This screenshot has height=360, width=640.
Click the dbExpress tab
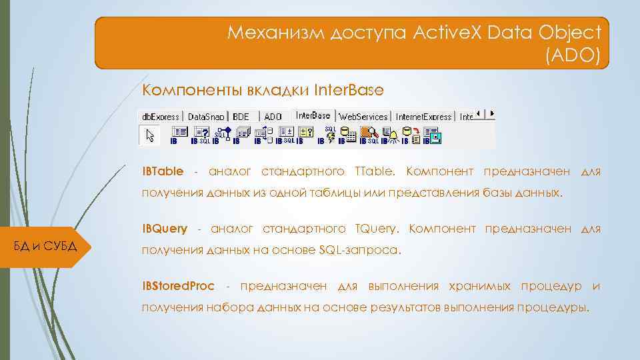tap(159, 116)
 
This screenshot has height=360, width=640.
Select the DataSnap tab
tap(206, 116)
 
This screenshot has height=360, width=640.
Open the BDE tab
tap(241, 116)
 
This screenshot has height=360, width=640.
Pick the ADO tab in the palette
tap(273, 116)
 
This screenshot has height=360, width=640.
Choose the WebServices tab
tap(363, 116)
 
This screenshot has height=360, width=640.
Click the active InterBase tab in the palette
tap(313, 115)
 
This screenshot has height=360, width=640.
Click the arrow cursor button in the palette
tap(149, 135)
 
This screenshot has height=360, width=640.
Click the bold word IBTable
tap(163, 172)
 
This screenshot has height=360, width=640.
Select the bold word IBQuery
tap(165, 229)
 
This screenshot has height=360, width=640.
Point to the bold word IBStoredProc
tap(178, 286)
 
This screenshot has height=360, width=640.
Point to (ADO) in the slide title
tap(576, 56)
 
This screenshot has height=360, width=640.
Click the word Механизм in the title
tap(274, 32)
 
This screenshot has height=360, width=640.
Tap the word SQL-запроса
tap(360, 251)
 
